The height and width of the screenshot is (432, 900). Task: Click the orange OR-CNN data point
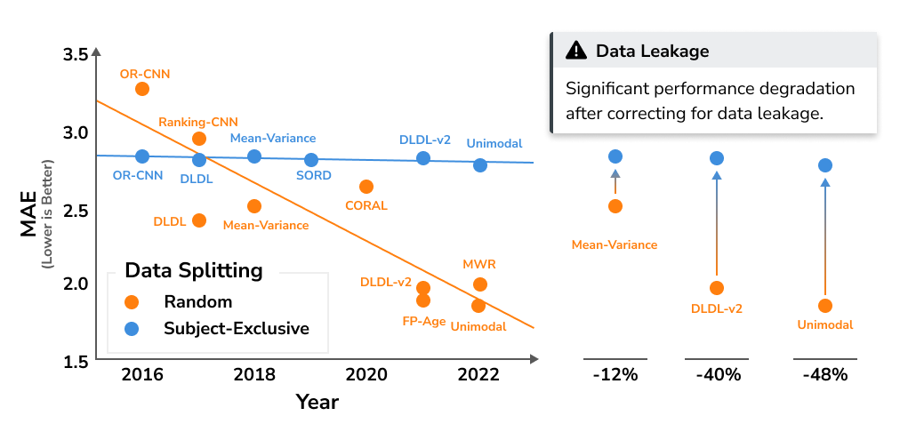142,89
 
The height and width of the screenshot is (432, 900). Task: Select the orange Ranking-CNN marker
199,139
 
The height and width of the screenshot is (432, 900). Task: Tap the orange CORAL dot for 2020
366,187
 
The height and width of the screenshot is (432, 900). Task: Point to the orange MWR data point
480,284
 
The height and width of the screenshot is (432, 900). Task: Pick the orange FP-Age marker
423,300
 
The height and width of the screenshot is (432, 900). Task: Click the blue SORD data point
311,160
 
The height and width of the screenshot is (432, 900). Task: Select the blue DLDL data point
199,160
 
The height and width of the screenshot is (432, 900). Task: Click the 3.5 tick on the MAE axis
76,55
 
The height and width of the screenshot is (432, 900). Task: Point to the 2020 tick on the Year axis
366,373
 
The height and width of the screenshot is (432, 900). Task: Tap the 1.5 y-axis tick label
76,361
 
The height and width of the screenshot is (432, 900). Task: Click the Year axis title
317,402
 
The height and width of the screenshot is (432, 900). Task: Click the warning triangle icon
576,51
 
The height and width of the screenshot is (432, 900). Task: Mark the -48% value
824,374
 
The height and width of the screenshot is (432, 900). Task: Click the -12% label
615,374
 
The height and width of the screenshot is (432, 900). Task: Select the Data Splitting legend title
193,269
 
